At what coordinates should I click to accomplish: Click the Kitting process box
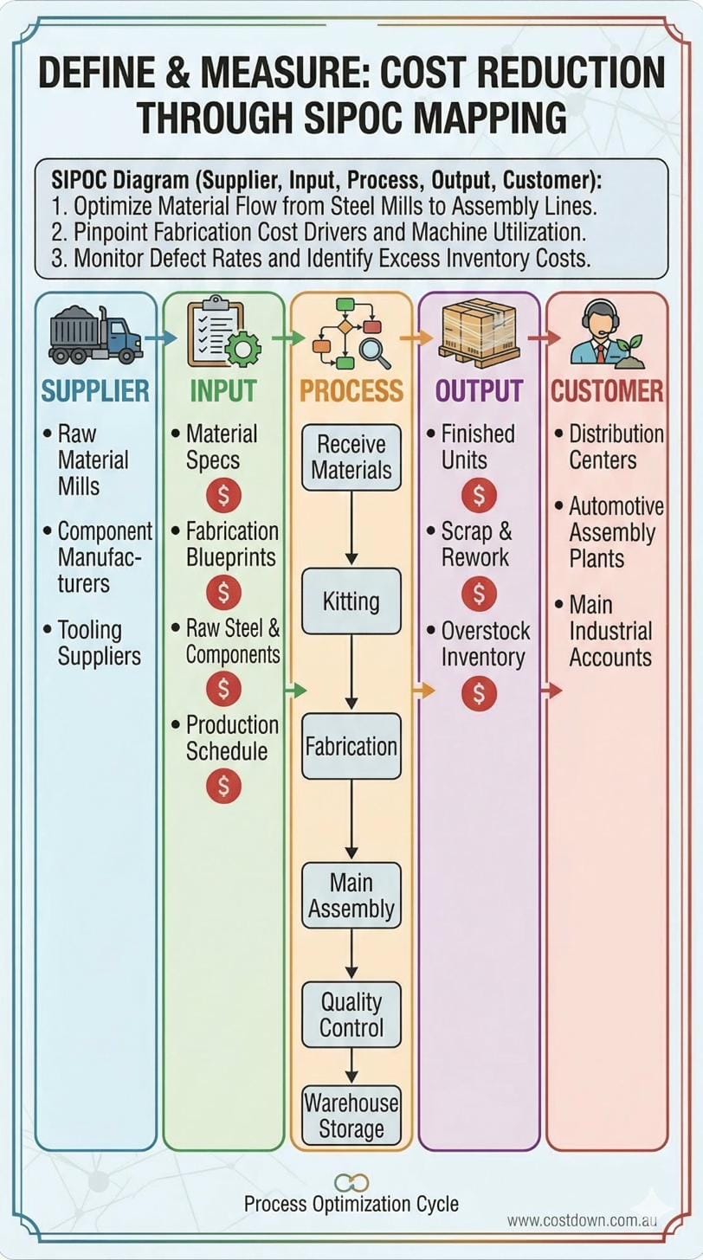[x=351, y=601]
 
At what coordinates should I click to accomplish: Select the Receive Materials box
[x=351, y=457]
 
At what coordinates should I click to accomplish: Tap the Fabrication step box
[x=351, y=746]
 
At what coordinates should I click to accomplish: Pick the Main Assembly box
[x=351, y=896]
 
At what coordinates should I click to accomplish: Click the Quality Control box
[x=351, y=1014]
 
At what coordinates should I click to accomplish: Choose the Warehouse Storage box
[x=351, y=1115]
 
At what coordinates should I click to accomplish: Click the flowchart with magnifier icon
[x=349, y=333]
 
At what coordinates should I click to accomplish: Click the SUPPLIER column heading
[x=95, y=390]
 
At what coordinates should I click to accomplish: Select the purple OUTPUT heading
[x=479, y=390]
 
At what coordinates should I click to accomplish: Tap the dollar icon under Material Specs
[x=223, y=496]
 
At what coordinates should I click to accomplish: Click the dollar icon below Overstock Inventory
[x=479, y=694]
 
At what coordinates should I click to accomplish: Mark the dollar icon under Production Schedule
[x=223, y=787]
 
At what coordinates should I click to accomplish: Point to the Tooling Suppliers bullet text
[x=98, y=643]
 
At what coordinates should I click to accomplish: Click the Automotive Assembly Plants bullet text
[x=616, y=532]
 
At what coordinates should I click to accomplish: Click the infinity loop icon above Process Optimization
[x=351, y=1183]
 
